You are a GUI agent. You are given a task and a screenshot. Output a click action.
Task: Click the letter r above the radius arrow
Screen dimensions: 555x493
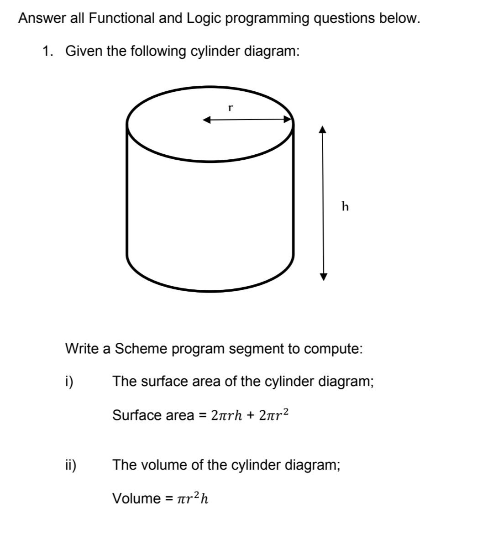click(231, 109)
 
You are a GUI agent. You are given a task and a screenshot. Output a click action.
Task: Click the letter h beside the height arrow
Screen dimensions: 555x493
click(345, 207)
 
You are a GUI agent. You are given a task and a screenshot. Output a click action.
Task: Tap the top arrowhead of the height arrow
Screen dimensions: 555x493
click(323, 130)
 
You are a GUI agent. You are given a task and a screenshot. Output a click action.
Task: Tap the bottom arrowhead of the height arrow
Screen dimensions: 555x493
click(323, 277)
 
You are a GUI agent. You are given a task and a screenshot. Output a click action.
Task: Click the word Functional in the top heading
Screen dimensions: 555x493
click(122, 18)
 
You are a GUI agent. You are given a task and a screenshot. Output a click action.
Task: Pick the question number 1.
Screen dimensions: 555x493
click(47, 51)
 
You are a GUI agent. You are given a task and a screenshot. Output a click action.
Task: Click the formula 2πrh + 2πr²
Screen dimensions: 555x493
click(249, 415)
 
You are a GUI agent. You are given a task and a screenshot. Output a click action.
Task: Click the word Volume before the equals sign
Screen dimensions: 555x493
click(136, 498)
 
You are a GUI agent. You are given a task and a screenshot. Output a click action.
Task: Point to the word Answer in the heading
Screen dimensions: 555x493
click(41, 18)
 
